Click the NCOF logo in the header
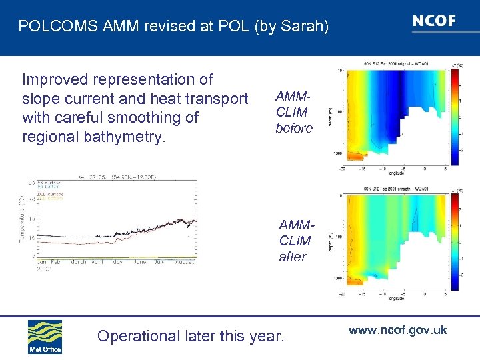[x=434, y=21]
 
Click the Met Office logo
[x=45, y=337]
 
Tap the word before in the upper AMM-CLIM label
[x=294, y=128]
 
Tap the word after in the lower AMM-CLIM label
[x=293, y=257]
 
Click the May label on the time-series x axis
[x=118, y=262]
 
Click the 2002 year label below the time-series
[x=44, y=269]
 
